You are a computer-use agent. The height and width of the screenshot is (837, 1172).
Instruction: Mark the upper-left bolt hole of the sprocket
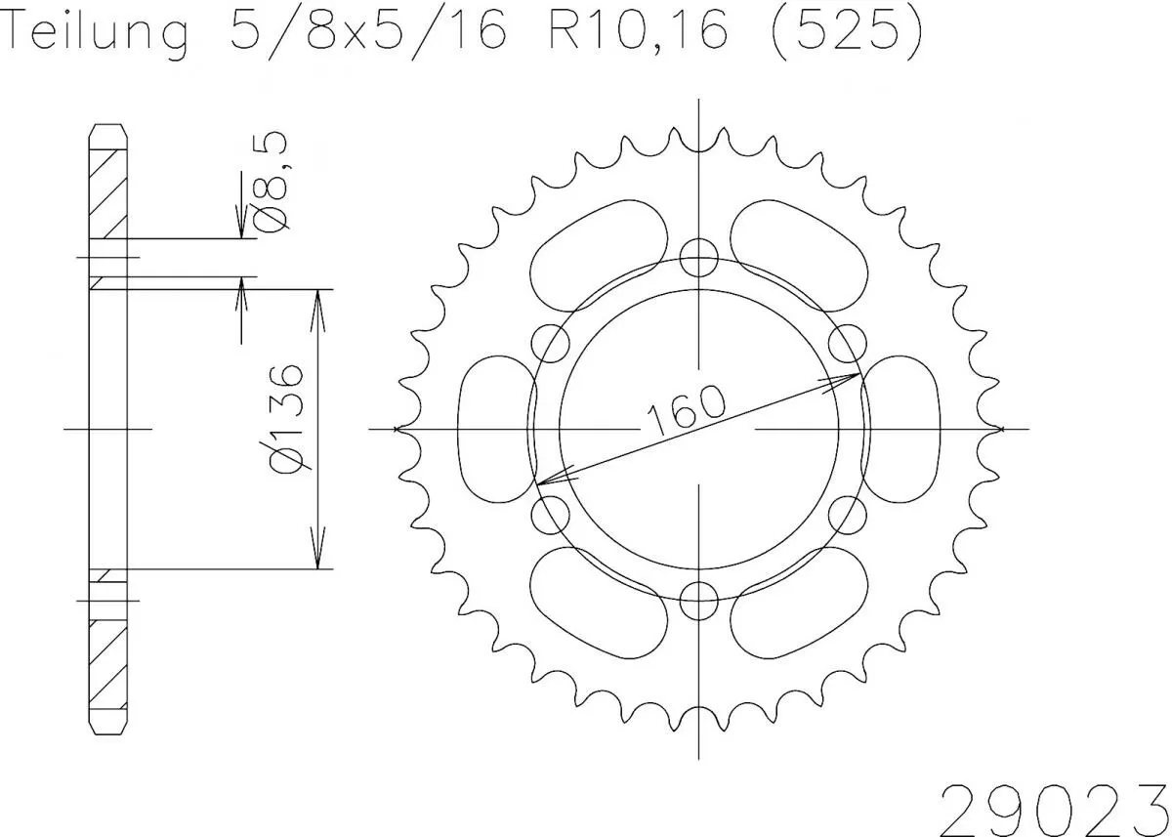point(551,343)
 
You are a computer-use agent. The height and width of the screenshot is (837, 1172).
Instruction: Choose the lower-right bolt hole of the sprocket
point(847,514)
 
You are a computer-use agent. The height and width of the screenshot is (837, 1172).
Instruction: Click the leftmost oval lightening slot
point(496,429)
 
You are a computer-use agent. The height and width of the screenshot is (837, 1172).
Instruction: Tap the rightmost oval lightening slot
point(901,429)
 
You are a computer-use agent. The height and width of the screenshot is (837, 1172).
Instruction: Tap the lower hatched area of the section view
point(108,664)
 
